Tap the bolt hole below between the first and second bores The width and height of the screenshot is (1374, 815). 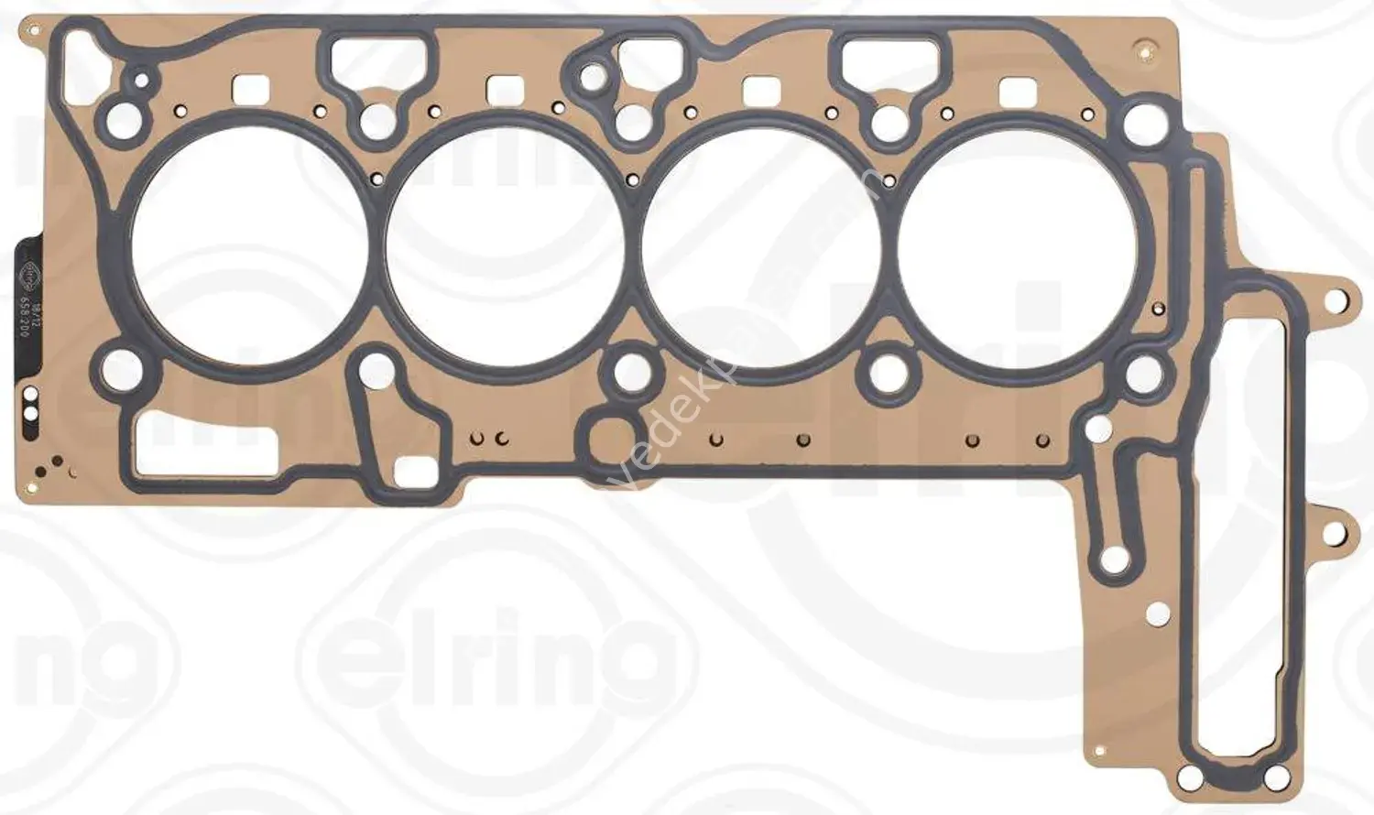point(376,370)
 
